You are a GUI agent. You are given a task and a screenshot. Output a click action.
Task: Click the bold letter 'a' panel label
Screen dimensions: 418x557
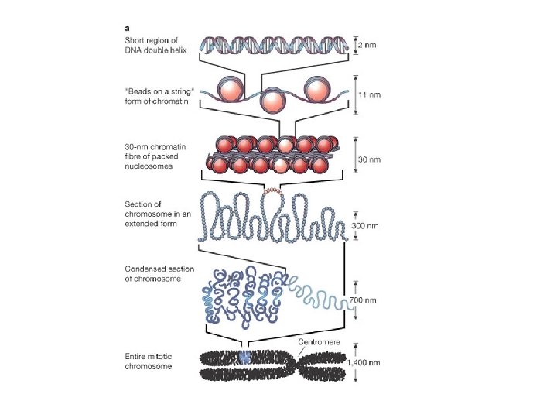point(127,23)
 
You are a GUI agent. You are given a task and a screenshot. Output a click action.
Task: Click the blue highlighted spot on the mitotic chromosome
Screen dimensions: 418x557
point(245,357)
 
